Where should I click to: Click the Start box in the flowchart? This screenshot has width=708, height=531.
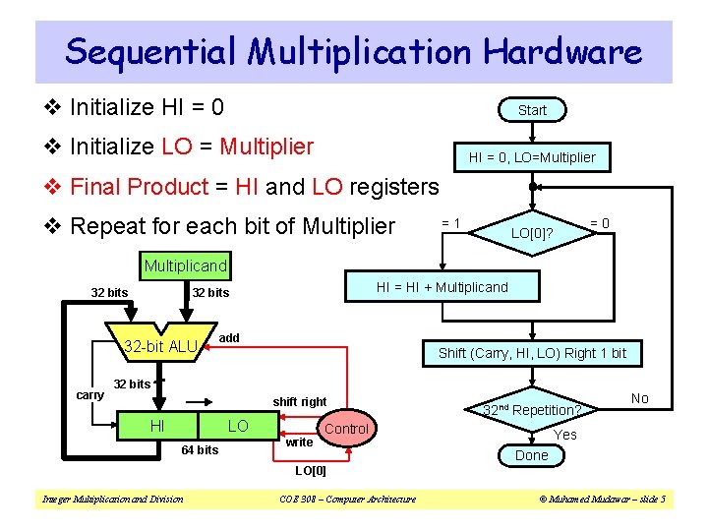pos(532,110)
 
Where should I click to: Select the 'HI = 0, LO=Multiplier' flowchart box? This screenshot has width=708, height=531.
pos(532,157)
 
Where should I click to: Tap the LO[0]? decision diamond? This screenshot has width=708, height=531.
pos(532,233)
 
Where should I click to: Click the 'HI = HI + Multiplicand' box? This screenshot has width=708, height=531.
pos(442,287)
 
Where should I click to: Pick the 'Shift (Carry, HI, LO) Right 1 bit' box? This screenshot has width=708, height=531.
pos(532,353)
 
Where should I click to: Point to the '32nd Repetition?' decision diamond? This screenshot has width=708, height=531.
pos(532,409)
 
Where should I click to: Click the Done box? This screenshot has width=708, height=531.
pos(532,455)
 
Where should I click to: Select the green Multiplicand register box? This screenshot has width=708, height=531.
pos(186,265)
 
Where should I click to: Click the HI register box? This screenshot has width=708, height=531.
pos(156,426)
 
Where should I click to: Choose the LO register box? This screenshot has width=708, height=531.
pos(238,426)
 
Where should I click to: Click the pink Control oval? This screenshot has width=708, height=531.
pos(346,429)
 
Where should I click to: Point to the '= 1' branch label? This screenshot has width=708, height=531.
pos(451,223)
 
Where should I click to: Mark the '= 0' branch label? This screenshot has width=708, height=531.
pos(599,223)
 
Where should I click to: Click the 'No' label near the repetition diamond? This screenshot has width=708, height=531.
pos(639,398)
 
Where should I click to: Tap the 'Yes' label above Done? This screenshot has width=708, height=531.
pos(565,435)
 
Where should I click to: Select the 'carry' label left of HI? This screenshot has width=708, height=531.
pos(89,394)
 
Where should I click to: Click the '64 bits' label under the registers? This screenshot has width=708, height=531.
pos(200,450)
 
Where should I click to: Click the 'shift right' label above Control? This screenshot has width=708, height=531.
pos(300,401)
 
